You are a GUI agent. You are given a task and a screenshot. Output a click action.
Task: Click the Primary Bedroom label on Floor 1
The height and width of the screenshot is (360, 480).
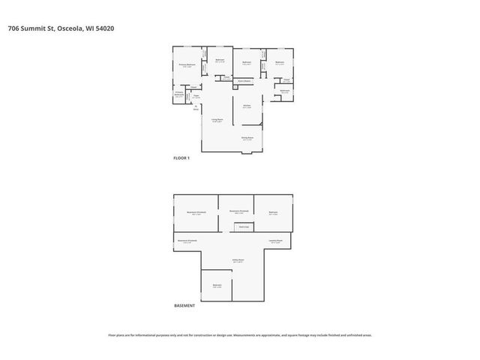click(x=187, y=65)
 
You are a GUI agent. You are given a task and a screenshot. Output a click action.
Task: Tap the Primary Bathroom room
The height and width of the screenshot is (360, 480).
click(x=180, y=95)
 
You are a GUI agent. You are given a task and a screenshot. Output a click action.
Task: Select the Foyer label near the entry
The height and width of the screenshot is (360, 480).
click(x=196, y=97)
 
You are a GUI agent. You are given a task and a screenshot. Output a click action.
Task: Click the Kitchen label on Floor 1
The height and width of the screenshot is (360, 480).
click(x=247, y=106)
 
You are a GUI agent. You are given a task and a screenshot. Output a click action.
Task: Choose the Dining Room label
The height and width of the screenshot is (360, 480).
click(x=247, y=138)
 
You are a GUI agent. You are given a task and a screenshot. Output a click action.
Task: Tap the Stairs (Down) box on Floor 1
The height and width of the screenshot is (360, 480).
click(x=244, y=80)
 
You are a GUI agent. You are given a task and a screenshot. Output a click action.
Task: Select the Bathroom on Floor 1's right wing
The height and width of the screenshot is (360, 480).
click(x=285, y=91)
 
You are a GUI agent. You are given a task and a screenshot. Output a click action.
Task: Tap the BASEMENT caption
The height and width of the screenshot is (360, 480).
click(x=184, y=306)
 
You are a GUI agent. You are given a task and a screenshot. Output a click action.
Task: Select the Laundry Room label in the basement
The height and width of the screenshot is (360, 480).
click(x=275, y=241)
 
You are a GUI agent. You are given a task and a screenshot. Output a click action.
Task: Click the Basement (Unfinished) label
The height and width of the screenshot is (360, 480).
click(x=188, y=241)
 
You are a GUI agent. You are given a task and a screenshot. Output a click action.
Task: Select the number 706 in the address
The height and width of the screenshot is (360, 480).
click(x=13, y=28)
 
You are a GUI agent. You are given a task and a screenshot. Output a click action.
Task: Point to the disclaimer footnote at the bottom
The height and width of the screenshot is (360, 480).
click(x=240, y=335)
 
